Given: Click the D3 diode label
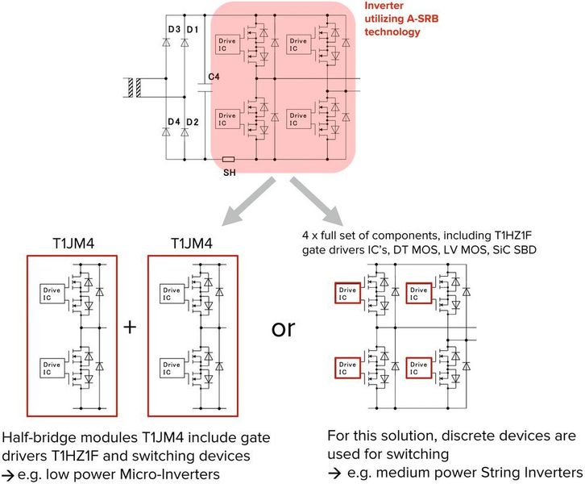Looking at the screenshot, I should [x=173, y=30].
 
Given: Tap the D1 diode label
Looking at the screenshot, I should [x=192, y=30].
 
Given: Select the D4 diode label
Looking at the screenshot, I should [x=173, y=122].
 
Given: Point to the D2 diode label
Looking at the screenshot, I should [x=192, y=122].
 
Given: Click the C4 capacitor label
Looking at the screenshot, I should [x=214, y=77].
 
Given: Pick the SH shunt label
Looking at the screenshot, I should [x=228, y=172].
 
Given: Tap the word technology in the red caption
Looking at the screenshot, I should [x=394, y=32].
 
